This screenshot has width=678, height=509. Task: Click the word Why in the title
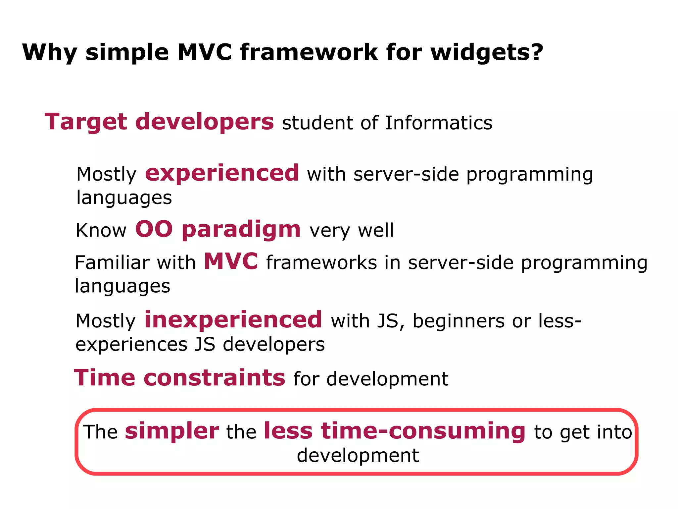(x=49, y=53)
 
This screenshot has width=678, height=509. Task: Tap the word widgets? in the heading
(x=487, y=53)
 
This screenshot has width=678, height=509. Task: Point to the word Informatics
(x=439, y=123)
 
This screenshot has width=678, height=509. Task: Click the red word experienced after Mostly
(x=222, y=174)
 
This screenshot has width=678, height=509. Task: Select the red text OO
(x=154, y=229)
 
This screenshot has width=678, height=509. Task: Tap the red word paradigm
(x=241, y=230)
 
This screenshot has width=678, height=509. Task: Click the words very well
(x=352, y=230)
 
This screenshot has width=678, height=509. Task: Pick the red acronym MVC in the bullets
(x=231, y=261)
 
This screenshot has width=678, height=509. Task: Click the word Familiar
(x=112, y=263)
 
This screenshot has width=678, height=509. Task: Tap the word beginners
(x=459, y=321)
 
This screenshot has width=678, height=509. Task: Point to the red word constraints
(x=214, y=378)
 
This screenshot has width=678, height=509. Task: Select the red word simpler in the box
(x=172, y=431)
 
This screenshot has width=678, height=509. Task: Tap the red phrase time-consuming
(x=423, y=431)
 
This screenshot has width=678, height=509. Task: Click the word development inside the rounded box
(x=358, y=455)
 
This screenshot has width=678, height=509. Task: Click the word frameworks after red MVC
(x=321, y=263)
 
